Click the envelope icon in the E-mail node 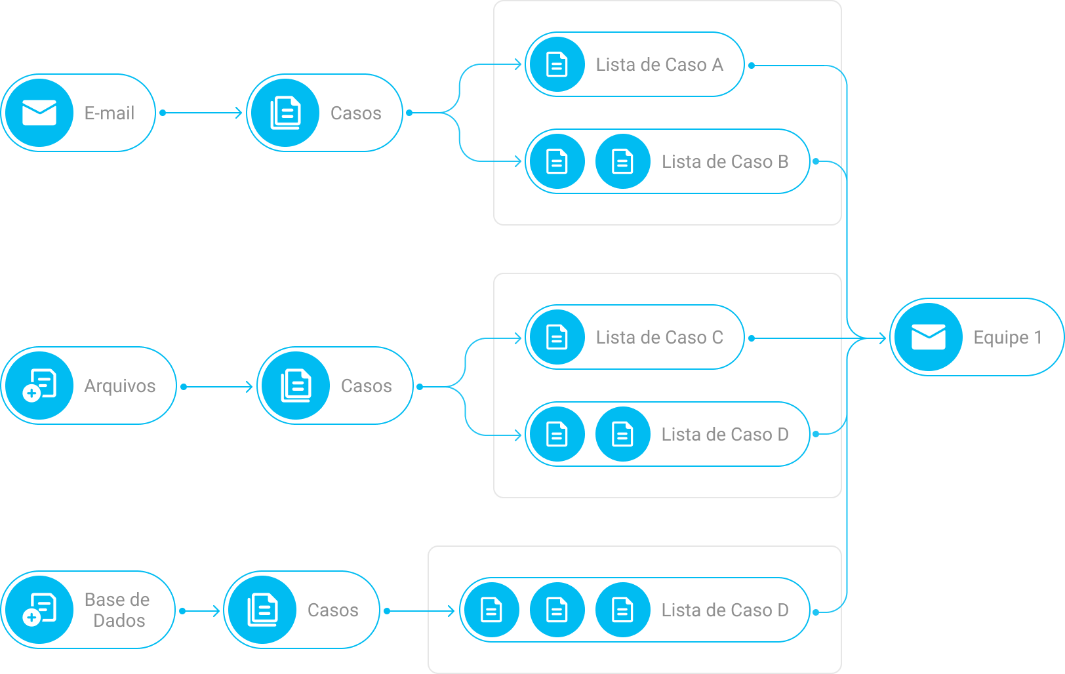point(39,113)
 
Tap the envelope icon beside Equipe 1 point(929,337)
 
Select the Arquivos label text point(120,386)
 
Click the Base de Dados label point(117,610)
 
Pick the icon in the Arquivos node point(39,386)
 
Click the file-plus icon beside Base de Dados point(39,610)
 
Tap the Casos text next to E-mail point(355,113)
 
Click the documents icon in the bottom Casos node point(262,610)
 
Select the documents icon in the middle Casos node point(296,386)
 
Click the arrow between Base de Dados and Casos point(201,611)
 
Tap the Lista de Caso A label point(659,65)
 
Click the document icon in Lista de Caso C point(557,337)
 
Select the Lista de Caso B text point(725,162)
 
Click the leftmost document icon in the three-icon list point(491,610)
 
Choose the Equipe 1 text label point(1007,338)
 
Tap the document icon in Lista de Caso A point(557,64)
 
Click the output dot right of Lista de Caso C point(752,338)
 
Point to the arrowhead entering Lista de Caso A point(517,64)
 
